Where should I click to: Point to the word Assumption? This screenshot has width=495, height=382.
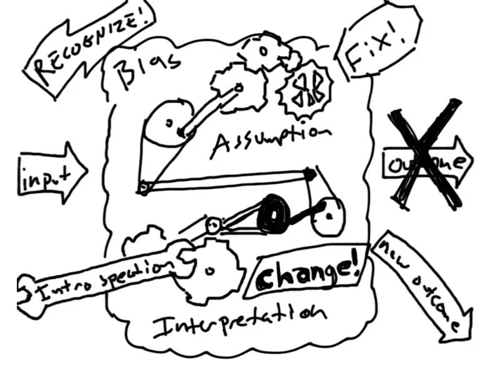(269, 140)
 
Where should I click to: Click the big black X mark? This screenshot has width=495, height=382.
(425, 154)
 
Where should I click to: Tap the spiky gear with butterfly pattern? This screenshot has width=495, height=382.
(305, 92)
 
